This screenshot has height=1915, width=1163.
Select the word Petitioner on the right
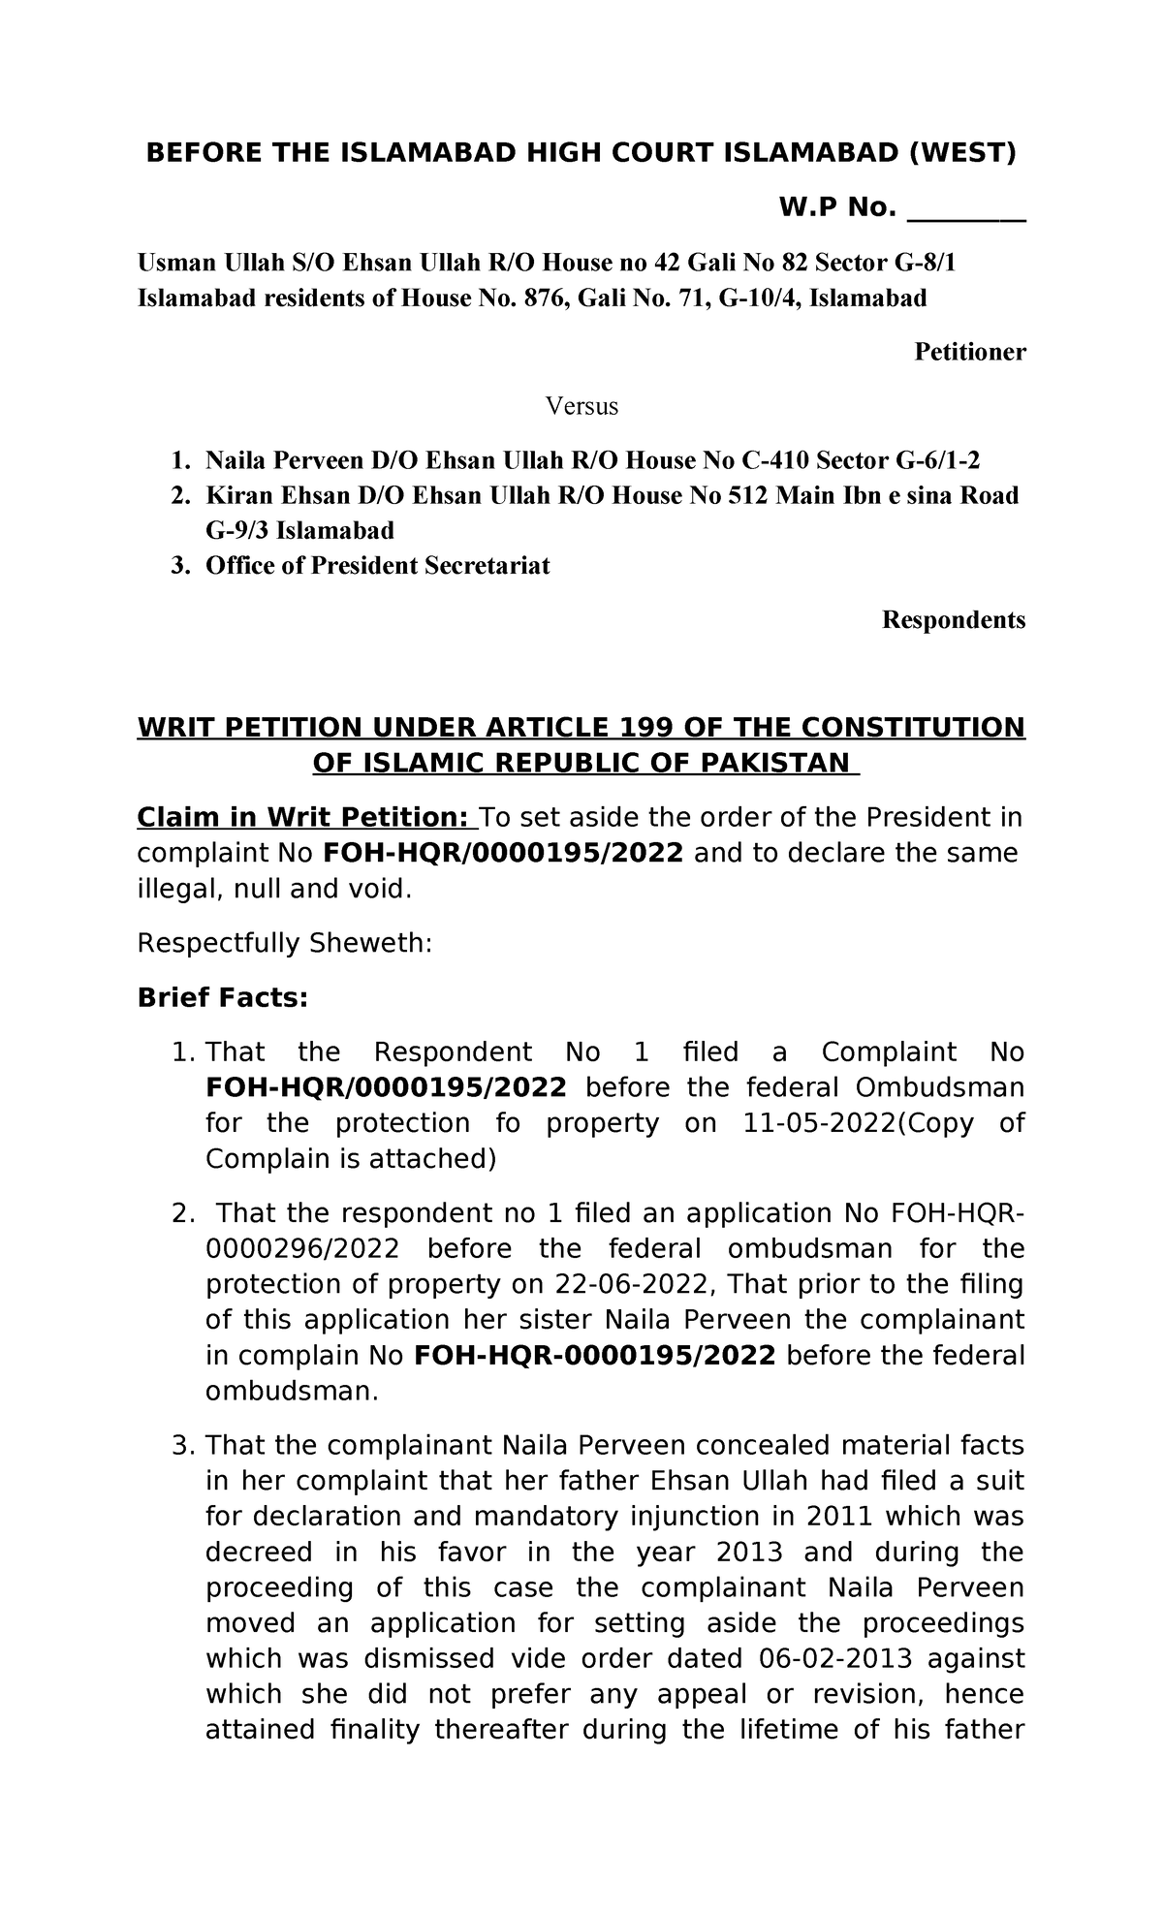pos(970,352)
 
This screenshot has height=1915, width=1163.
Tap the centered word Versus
pos(581,405)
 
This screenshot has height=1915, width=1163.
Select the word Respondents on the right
pos(954,619)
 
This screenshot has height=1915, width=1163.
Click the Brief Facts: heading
pos(222,997)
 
